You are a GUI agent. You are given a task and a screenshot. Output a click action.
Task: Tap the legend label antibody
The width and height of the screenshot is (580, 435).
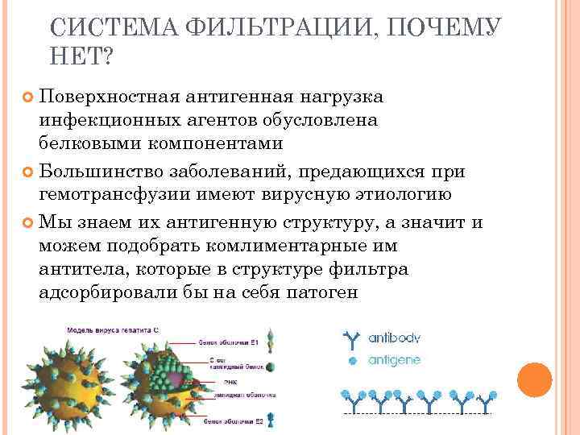click(x=394, y=338)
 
